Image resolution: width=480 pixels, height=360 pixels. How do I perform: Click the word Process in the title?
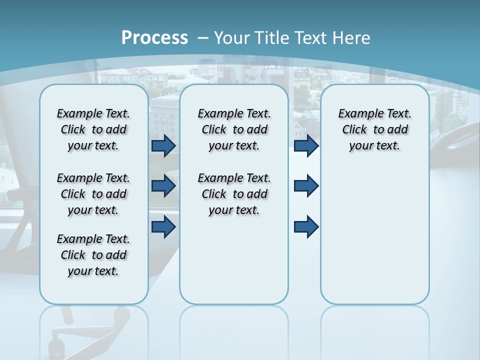tap(154, 37)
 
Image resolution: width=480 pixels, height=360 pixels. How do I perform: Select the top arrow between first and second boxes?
tap(163, 146)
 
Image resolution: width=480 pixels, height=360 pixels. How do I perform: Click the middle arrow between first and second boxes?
tap(163, 186)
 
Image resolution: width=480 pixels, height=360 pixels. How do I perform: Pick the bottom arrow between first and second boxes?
tap(163, 227)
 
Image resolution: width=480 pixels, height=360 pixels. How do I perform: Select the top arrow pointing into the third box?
tap(306, 146)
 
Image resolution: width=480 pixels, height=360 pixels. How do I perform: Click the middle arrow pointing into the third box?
tap(306, 186)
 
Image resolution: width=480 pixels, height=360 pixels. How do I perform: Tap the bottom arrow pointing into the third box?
tap(306, 227)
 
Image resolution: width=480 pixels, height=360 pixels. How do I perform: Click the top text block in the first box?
tap(93, 129)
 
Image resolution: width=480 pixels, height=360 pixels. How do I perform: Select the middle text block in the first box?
tap(93, 194)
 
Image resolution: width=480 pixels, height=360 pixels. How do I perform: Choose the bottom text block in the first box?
tap(93, 255)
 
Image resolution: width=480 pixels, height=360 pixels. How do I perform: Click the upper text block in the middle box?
tap(234, 129)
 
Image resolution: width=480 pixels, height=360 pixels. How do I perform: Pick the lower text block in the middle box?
tap(234, 194)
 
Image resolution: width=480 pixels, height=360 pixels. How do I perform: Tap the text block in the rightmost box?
tap(374, 129)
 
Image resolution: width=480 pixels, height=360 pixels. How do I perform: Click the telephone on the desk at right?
tap(452, 145)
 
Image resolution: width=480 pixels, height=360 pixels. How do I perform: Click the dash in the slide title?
tap(203, 38)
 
